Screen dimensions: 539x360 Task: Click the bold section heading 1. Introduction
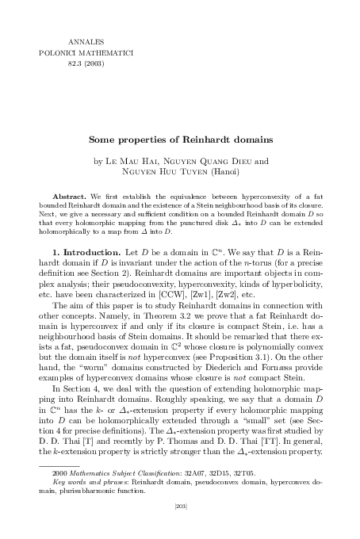pos(82,250)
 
